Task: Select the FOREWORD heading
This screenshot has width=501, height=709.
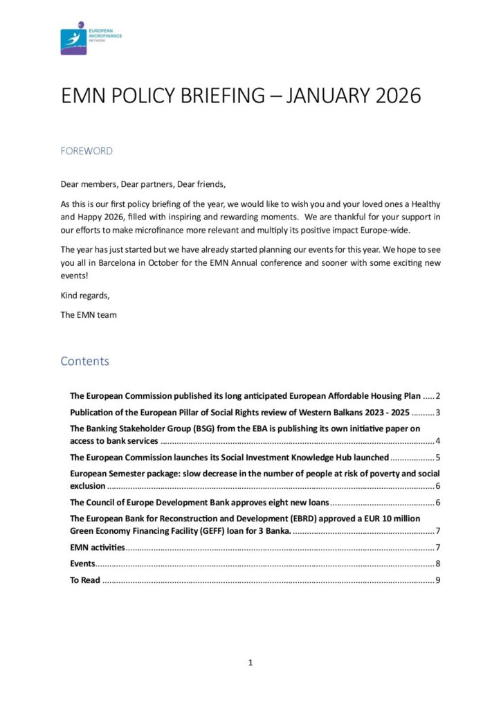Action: (x=86, y=151)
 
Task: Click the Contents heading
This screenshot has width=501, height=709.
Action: (x=84, y=361)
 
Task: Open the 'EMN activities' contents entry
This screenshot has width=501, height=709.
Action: (x=98, y=548)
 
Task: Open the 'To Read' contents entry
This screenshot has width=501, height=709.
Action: (x=85, y=580)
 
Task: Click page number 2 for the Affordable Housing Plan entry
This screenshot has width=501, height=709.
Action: (x=437, y=396)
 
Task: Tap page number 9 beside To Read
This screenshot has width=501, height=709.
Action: (x=437, y=580)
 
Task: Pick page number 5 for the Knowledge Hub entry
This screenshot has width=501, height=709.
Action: (x=437, y=458)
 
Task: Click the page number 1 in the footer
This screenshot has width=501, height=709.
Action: (x=250, y=663)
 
